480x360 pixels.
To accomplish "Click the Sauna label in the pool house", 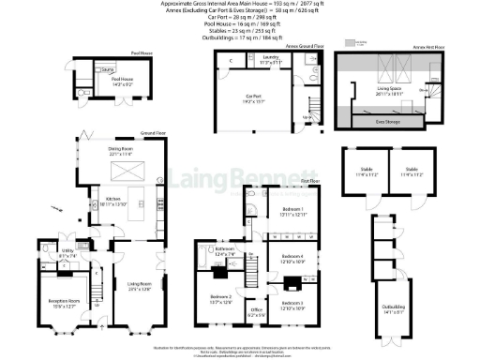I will click(107, 70).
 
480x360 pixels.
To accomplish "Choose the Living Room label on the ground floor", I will click(139, 287).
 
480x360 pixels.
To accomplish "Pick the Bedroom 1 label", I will click(293, 209).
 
